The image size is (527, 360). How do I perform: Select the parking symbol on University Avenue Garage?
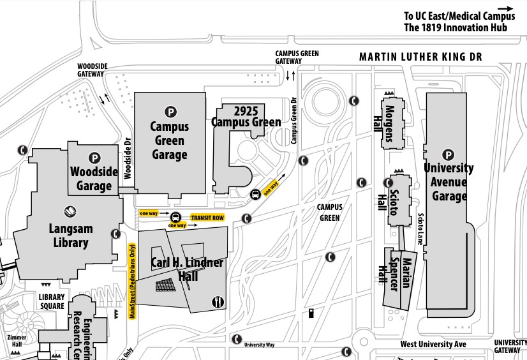point(449,154)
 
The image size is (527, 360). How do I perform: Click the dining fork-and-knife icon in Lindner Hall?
point(217,301)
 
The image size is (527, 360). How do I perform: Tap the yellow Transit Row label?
point(208,218)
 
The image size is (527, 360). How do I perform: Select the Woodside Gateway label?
point(91,70)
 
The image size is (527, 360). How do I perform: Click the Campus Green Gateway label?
point(297,57)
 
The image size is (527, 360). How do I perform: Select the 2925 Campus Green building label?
point(246,116)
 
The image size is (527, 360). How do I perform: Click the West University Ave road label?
point(433,344)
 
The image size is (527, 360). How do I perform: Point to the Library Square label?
point(52,301)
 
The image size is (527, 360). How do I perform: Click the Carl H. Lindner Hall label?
point(187,269)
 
